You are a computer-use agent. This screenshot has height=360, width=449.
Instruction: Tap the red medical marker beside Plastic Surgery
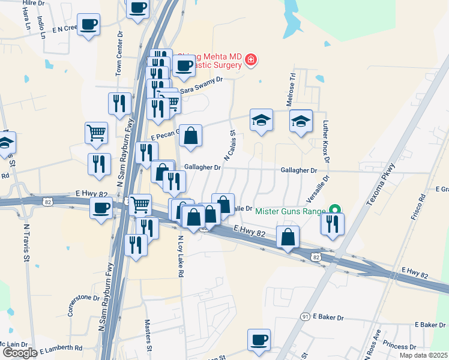pyautogui.click(x=250, y=60)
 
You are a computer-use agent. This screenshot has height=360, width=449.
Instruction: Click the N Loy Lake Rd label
pyautogui.click(x=179, y=255)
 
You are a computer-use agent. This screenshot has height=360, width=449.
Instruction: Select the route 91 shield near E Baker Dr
pyautogui.click(x=305, y=316)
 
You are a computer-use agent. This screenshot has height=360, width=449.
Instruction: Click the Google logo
pyautogui.click(x=20, y=353)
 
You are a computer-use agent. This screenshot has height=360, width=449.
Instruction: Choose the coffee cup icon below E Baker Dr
pyautogui.click(x=259, y=340)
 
